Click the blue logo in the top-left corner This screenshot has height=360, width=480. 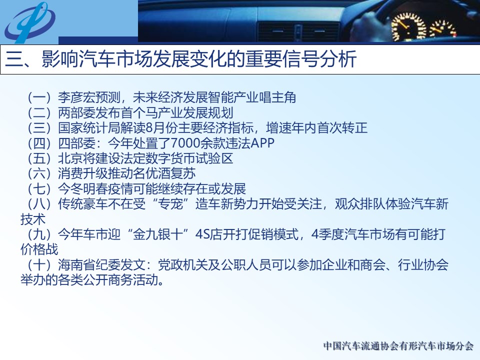point(29,22)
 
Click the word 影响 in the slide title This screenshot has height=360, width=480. point(60,59)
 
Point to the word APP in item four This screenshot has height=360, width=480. point(262,143)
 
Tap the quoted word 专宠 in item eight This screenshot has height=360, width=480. point(170,204)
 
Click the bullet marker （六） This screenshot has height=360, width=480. point(39,173)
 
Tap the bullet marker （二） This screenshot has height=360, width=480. point(39,113)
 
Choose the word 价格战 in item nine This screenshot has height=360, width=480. point(39,249)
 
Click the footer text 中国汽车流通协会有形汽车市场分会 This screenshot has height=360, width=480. point(398,346)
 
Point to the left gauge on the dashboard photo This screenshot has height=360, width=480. point(408,27)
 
